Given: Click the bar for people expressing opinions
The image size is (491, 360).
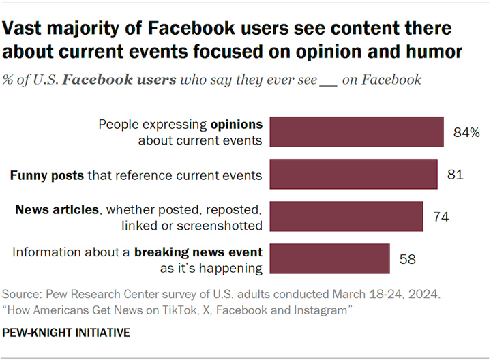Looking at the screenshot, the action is click(357, 132).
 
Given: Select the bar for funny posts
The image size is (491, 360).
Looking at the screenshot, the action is click(353, 174).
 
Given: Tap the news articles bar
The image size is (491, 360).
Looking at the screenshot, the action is click(346, 216).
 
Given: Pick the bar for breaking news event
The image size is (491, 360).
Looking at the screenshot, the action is click(330, 258).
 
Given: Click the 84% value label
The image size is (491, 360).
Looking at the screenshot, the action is click(466, 132).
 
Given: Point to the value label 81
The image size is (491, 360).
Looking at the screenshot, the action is click(456, 175).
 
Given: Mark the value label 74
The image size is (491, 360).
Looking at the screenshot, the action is click(441, 217).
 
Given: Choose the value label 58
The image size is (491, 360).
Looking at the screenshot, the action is click(407, 259).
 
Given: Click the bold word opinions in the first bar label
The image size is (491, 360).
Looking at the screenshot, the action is click(237, 125).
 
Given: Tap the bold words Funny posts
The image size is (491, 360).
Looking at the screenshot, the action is click(47, 175).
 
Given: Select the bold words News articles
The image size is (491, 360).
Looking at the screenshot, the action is click(57, 209).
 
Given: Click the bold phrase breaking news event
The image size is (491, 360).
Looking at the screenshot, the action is click(198, 252).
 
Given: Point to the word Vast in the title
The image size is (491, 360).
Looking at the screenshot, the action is click(22, 28).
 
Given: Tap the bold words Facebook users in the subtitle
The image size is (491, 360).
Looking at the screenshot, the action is click(119, 80).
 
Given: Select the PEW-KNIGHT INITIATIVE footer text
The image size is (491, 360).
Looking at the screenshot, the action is click(66, 333).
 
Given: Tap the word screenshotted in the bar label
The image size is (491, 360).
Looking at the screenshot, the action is click(220, 226).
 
